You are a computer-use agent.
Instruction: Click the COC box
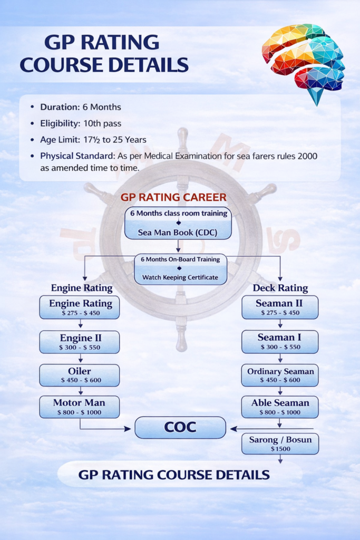pos(180,428)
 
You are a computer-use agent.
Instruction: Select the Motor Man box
pos(79,407)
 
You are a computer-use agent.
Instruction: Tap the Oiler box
pos(79,375)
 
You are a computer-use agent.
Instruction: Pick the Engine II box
pos(79,342)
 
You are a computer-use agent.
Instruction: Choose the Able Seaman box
pos(280,407)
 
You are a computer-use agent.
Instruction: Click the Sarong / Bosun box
pos(280,443)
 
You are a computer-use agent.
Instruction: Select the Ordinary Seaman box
pos(280,375)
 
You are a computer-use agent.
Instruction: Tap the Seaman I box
pos(280,342)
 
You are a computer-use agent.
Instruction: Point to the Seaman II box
pos(280,307)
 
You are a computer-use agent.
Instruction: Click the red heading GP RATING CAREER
pos(173,198)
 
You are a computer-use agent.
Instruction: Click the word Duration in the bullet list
pos(60,107)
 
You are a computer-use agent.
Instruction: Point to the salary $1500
pos(280,449)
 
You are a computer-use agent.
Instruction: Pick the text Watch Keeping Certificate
pos(180,277)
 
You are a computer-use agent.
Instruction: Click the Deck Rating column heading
pos(280,288)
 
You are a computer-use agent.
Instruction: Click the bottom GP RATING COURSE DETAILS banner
pos(174,475)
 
